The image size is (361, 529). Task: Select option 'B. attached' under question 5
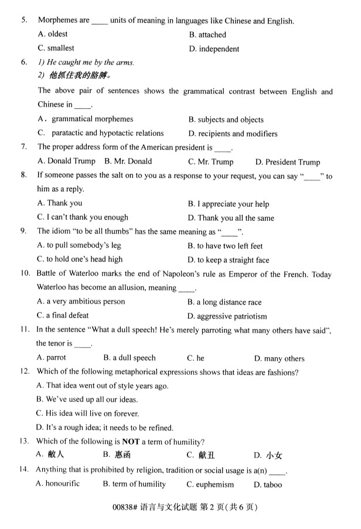coord(207,35)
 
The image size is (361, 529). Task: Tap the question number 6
coord(24,62)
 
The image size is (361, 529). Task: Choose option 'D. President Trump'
coord(287,162)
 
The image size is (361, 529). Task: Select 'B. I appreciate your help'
coord(229,204)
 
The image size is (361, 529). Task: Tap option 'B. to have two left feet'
coord(225,246)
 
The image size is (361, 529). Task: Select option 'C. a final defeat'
coord(63,315)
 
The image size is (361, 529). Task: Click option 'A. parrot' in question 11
coord(52,357)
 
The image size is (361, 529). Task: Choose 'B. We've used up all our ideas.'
coord(87,400)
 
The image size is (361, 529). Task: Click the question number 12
coord(25,372)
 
